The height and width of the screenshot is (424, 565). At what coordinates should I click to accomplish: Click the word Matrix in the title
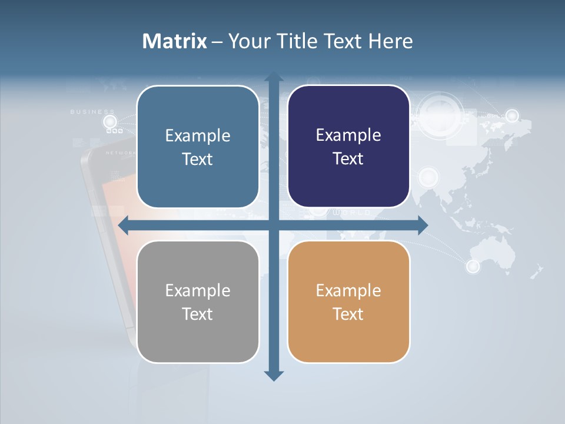pos(175,41)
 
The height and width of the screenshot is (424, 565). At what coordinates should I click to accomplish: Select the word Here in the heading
pos(390,41)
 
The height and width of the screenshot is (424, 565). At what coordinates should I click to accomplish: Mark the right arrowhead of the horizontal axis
pos(423,226)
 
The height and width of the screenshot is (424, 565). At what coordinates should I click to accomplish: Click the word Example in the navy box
pos(348,135)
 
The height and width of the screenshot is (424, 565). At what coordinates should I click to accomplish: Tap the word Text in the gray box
pos(197,314)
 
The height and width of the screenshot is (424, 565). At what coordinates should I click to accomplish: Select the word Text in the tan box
pos(348,314)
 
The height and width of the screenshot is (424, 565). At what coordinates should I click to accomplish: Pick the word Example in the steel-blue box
pos(198,135)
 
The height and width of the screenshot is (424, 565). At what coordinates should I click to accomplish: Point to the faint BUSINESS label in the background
pos(92,111)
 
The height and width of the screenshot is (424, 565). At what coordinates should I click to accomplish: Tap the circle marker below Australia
pos(473,267)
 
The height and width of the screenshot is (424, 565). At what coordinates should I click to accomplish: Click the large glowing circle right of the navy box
pos(440,111)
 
